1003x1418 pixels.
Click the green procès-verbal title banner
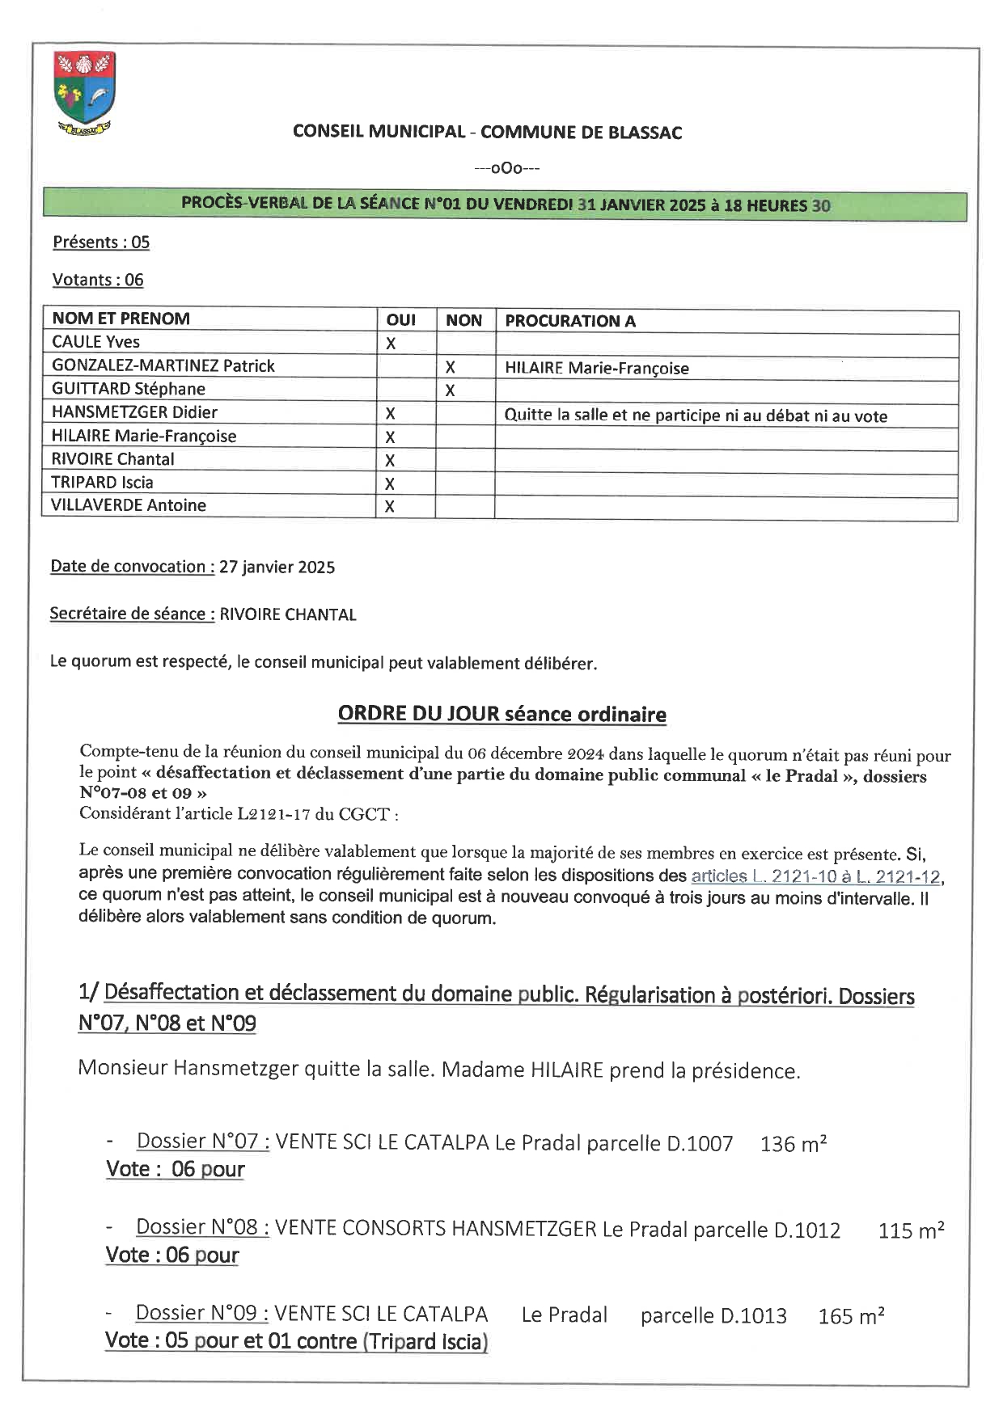tap(505, 205)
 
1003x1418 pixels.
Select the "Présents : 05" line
tap(101, 243)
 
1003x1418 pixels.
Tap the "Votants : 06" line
tap(98, 280)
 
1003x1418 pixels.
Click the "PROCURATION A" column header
tap(570, 321)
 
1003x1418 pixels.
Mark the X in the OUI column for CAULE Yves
tap(391, 344)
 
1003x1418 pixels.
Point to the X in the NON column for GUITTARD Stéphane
tap(450, 390)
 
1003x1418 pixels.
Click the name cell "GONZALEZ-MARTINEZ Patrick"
tap(163, 366)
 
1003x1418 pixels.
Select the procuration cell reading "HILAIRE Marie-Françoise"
tap(597, 369)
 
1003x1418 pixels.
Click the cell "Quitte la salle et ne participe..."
tap(696, 416)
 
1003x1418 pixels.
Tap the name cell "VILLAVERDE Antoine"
tap(129, 506)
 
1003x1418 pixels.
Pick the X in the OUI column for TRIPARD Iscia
tap(390, 483)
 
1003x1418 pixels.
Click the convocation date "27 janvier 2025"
tap(277, 568)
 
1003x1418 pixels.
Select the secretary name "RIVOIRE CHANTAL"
tap(288, 614)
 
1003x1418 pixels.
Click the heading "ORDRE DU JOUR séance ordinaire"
tap(501, 715)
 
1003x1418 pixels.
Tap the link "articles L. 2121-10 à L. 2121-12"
tap(815, 876)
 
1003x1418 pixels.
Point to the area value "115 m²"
tap(911, 1231)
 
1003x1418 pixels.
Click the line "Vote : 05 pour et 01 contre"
tap(296, 1341)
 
